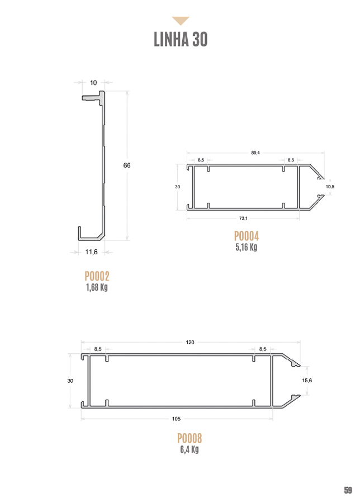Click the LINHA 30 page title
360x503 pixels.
pyautogui.click(x=181, y=40)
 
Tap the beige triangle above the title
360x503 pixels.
pyautogui.click(x=181, y=21)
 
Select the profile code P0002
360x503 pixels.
pyautogui.click(x=97, y=276)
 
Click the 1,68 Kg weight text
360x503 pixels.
pyautogui.click(x=97, y=287)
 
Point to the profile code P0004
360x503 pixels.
pyautogui.click(x=247, y=236)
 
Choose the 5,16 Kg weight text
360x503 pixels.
pyautogui.click(x=247, y=247)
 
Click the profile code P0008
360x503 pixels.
pyautogui.click(x=190, y=438)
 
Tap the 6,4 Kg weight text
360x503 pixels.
pyautogui.click(x=190, y=449)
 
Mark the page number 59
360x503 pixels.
pyautogui.click(x=348, y=490)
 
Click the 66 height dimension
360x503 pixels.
pyautogui.click(x=127, y=165)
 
